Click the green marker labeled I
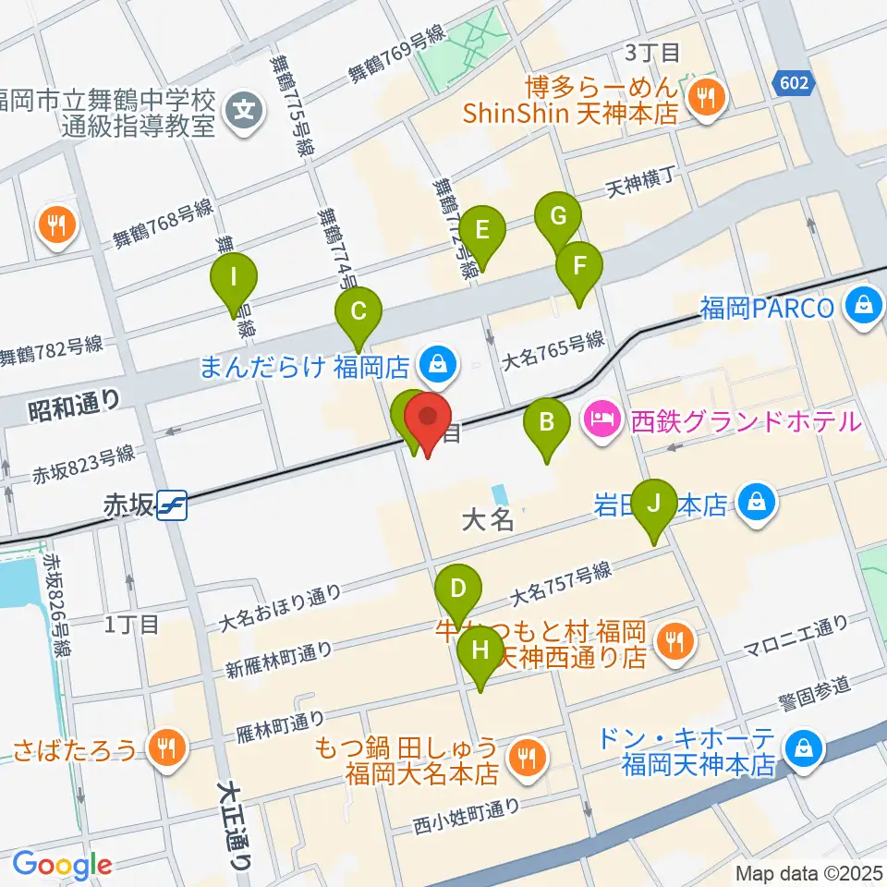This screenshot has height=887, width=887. click(x=233, y=276)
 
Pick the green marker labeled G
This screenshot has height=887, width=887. click(x=558, y=217)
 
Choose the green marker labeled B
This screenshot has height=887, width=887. click(x=547, y=423)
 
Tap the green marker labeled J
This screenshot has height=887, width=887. click(x=654, y=504)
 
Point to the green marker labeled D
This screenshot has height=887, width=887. click(x=458, y=588)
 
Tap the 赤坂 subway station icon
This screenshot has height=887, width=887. click(x=173, y=505)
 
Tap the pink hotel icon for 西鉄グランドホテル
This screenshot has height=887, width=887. click(x=603, y=422)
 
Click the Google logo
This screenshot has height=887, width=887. click(x=62, y=865)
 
